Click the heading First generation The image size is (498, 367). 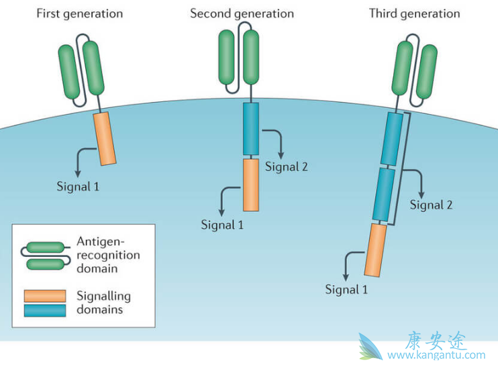click(x=79, y=13)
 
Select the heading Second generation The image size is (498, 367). click(x=242, y=13)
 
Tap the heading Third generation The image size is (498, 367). click(x=414, y=13)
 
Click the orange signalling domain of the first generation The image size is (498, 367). click(x=104, y=139)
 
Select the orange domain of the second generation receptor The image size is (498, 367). click(x=250, y=185)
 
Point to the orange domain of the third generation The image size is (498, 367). click(x=376, y=250)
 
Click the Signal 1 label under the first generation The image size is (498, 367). click(x=78, y=186)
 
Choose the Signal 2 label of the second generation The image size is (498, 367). click(x=286, y=166)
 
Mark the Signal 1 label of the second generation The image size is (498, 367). click(x=222, y=225)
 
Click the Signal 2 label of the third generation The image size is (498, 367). click(x=431, y=205)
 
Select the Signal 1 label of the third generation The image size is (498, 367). click(x=346, y=290)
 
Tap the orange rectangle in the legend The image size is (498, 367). click(x=44, y=296)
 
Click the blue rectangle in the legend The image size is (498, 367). click(x=44, y=310)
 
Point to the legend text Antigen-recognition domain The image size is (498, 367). click(x=108, y=256)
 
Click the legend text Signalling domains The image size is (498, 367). click(x=104, y=303)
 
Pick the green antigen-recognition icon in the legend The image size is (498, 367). click(x=46, y=256)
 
